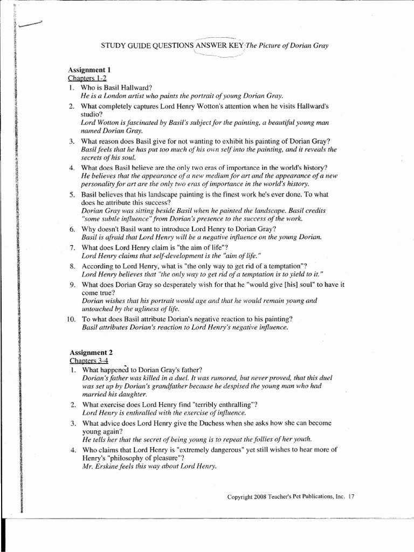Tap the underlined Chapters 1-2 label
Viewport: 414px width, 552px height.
pyautogui.click(x=87, y=79)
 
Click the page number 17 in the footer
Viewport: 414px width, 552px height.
pyautogui.click(x=351, y=496)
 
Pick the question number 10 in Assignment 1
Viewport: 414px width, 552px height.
pyautogui.click(x=71, y=319)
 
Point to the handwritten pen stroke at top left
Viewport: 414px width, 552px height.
pyautogui.click(x=30, y=23)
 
